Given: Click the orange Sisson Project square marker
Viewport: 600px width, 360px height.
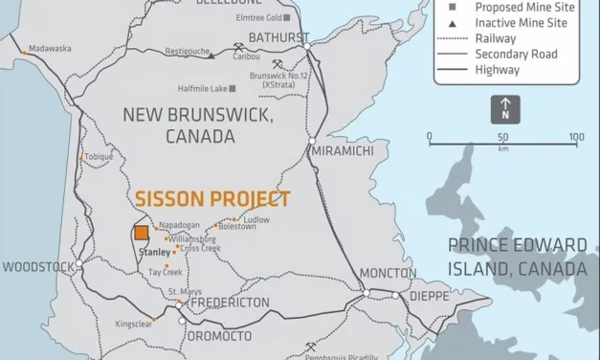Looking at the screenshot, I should [x=141, y=233].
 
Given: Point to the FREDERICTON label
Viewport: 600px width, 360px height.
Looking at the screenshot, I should [x=230, y=303].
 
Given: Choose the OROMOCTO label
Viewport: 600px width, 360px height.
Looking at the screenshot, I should [x=219, y=336].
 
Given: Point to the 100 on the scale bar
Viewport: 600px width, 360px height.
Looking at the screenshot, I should [x=576, y=137].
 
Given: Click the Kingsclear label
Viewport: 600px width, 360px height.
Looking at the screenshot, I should [x=134, y=326].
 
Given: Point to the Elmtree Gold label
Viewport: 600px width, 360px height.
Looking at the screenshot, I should [x=258, y=17].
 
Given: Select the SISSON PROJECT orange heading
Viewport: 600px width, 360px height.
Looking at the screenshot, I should [x=211, y=199].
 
